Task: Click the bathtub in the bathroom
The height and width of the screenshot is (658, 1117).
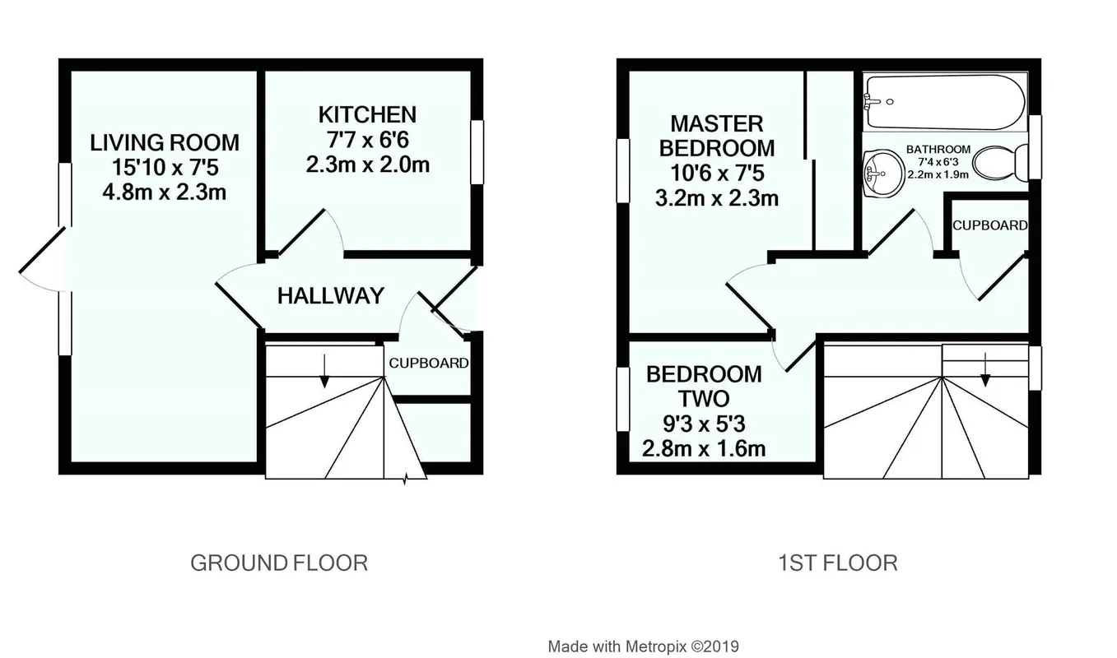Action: click(x=946, y=102)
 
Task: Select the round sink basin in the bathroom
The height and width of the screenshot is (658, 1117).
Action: click(x=883, y=173)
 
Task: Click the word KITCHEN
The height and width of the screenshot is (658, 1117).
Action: click(x=367, y=114)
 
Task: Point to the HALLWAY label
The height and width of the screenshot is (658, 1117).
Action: click(x=331, y=296)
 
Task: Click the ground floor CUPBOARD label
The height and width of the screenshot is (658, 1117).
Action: click(x=429, y=363)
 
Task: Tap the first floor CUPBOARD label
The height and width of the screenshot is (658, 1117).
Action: click(x=990, y=225)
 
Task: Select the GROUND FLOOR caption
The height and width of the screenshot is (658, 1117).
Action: click(x=279, y=563)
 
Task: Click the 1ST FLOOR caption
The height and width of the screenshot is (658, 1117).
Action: click(x=838, y=563)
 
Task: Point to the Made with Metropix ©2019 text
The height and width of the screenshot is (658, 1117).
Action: click(x=643, y=646)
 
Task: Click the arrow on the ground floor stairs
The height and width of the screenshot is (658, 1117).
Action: click(x=324, y=371)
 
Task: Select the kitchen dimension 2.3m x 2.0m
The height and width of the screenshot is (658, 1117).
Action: click(x=367, y=164)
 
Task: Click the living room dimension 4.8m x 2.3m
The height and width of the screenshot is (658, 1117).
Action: click(x=165, y=192)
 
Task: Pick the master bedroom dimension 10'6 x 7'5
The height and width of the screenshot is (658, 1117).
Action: click(x=717, y=174)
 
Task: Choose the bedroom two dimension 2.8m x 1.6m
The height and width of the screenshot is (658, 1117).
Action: click(x=704, y=449)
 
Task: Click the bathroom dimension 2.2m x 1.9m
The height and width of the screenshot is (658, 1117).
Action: click(x=938, y=174)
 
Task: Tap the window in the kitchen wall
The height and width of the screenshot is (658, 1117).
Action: click(x=477, y=152)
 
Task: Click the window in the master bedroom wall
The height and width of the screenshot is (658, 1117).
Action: click(x=623, y=171)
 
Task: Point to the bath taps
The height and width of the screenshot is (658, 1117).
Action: click(x=872, y=102)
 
